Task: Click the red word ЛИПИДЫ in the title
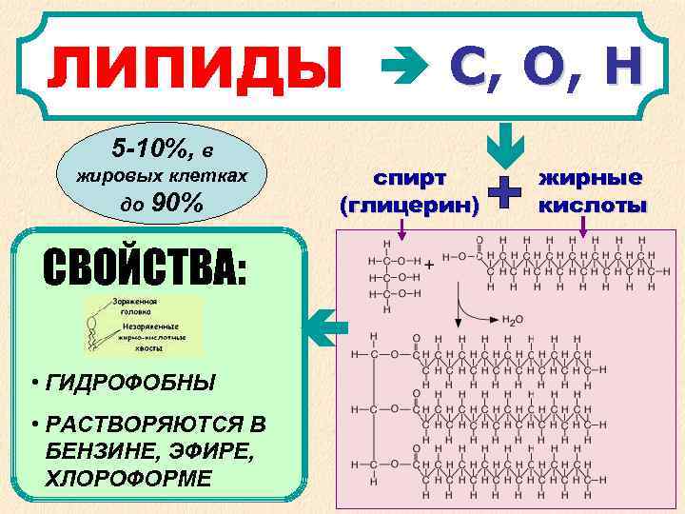tap(195, 69)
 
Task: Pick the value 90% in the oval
tap(176, 203)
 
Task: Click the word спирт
tap(410, 178)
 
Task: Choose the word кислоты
tap(592, 204)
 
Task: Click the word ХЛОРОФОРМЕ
tap(128, 477)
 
